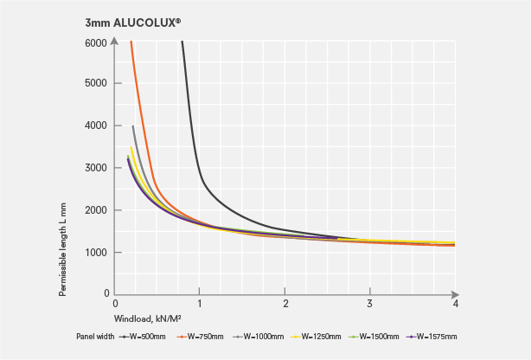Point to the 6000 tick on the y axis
[95, 42]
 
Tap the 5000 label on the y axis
[95, 84]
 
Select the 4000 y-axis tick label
[95, 126]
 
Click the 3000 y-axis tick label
[95, 168]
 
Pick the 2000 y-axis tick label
[95, 210]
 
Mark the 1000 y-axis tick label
[95, 253]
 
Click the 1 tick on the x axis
[200, 304]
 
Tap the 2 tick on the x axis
[285, 304]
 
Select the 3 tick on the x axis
[370, 304]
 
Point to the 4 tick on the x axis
[455, 304]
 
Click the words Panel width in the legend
[93, 337]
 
